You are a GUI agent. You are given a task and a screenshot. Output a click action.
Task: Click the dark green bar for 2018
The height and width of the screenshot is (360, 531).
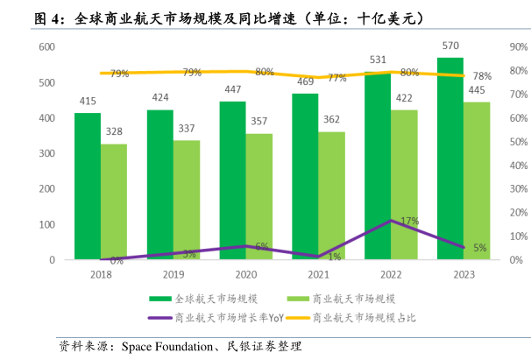pyautogui.click(x=87, y=186)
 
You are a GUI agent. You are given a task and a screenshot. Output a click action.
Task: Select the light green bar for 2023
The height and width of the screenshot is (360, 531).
pyautogui.click(x=478, y=180)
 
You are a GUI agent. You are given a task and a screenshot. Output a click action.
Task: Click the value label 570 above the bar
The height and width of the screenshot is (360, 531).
pyautogui.click(x=450, y=46)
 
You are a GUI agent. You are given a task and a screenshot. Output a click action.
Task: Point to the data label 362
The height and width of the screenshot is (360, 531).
pyautogui.click(x=331, y=119)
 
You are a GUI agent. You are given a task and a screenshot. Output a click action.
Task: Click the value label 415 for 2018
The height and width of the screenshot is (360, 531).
pyautogui.click(x=87, y=102)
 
